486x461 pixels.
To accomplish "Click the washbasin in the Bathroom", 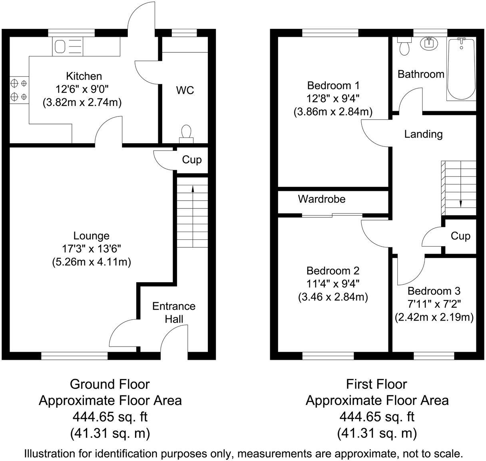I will click(430, 42).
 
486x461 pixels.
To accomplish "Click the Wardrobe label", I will click(321, 199).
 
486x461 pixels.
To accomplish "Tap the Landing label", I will click(423, 134).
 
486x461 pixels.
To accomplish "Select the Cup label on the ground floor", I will click(192, 160).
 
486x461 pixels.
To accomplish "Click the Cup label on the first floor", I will click(460, 236).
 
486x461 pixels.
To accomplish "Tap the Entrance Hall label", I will click(174, 313).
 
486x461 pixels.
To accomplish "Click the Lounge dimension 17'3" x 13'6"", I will click(91, 249).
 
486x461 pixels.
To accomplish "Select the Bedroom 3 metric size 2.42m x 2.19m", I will click(434, 317).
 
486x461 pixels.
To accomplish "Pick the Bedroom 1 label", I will click(333, 85).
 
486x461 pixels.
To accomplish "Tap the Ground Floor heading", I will click(110, 384).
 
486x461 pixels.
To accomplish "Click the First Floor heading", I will click(376, 384).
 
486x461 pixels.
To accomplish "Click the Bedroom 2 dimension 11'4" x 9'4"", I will click(333, 284).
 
